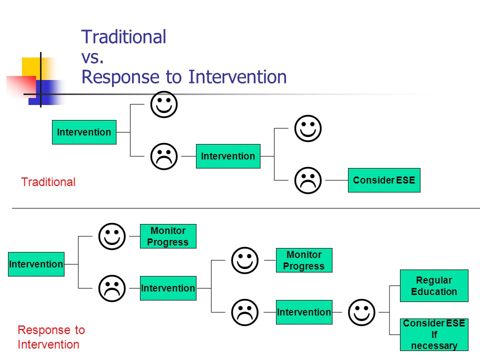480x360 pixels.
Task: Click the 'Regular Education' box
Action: pos(434,285)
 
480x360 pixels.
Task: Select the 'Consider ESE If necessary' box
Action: pos(434,334)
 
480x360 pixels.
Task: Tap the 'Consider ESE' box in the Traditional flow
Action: pos(384,180)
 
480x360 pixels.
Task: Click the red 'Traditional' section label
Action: pos(48,182)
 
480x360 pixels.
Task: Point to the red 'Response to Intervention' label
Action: pos(51,337)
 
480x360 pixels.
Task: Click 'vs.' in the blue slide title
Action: pos(92,57)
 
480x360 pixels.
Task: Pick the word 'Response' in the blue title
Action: pos(120,77)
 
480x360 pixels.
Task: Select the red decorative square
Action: pos(21,86)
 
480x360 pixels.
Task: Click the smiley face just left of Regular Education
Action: pos(361,312)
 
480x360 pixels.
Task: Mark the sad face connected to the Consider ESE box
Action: pos(308,180)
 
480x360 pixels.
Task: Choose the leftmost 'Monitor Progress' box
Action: pos(168,236)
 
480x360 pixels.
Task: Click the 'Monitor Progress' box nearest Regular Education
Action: pos(304,260)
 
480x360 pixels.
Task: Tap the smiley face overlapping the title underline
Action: pos(164,104)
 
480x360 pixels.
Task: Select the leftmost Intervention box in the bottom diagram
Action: pos(36,264)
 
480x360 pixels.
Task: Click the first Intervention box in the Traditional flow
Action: pos(84,132)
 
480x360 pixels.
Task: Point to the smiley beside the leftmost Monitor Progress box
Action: pos(112,236)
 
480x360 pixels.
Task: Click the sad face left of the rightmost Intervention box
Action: pos(245,312)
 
